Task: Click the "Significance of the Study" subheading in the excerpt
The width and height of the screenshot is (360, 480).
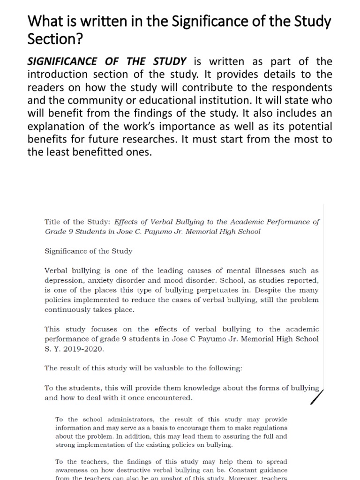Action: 89,251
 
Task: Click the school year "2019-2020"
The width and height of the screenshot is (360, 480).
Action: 85,348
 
